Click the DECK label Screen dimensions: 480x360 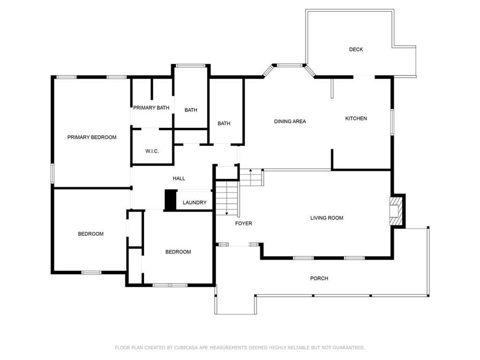click(356, 49)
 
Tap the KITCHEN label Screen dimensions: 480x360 click(356, 119)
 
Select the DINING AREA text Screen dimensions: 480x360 click(290, 121)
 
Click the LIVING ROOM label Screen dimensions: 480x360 click(327, 218)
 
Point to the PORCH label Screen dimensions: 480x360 click(319, 278)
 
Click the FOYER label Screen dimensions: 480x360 click(244, 224)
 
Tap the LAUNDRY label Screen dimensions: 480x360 click(195, 202)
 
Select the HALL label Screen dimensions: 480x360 click(179, 179)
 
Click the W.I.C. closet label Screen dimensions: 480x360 click(152, 151)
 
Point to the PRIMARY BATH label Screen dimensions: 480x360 click(151, 108)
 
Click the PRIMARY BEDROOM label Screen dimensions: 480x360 click(92, 137)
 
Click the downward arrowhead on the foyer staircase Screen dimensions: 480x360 click(226, 213)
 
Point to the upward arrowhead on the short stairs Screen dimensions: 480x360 click(251, 170)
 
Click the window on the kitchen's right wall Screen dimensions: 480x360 click(392, 122)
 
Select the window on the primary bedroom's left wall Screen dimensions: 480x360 click(52, 173)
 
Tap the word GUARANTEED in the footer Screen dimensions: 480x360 click(349, 347)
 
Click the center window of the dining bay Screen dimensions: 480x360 click(290, 65)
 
